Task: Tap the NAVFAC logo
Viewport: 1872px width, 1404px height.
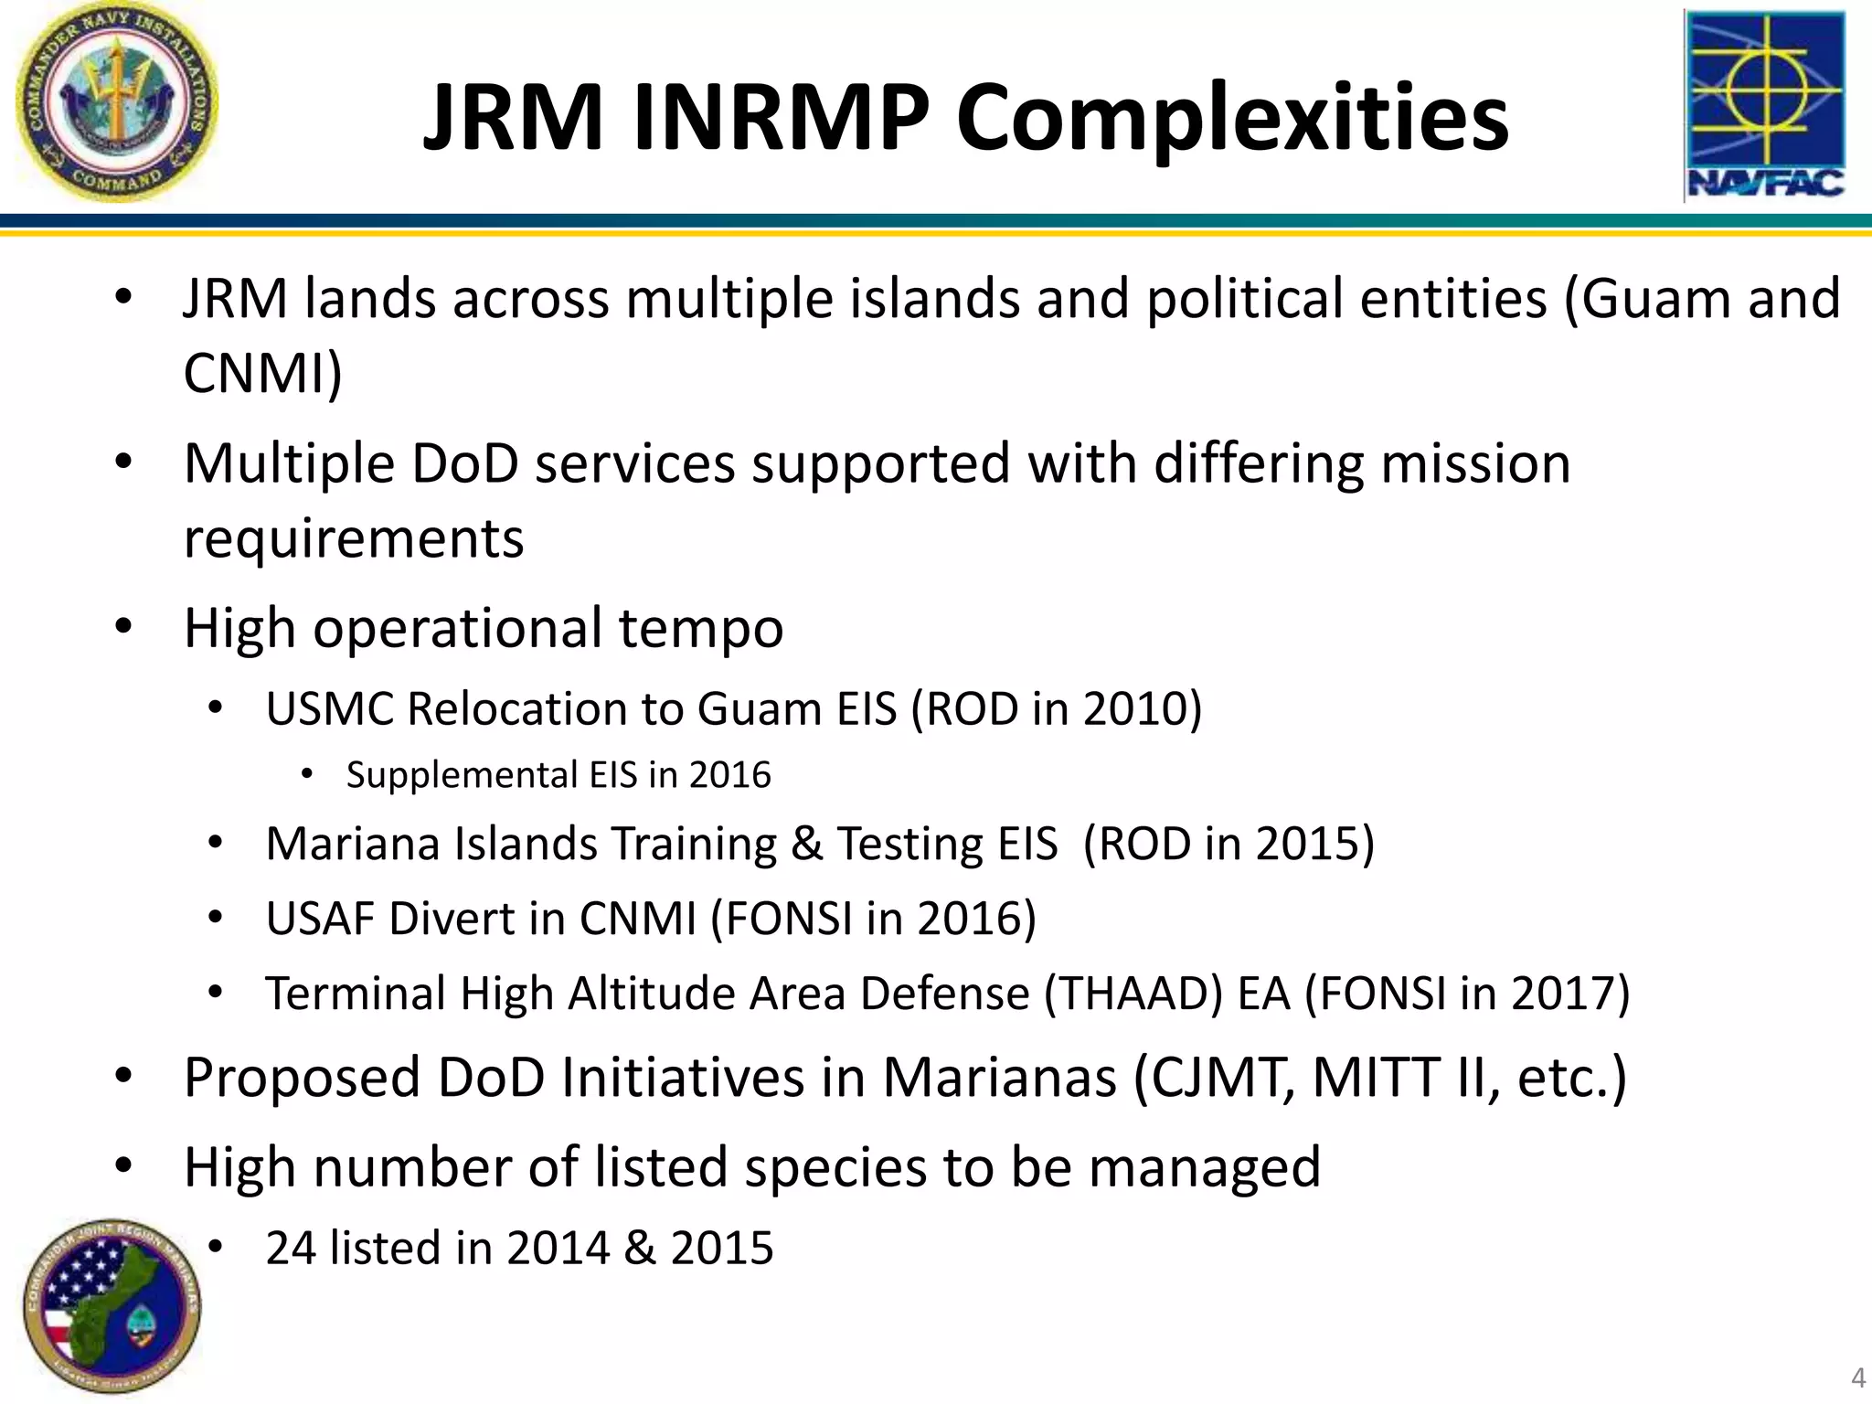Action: [x=1763, y=105]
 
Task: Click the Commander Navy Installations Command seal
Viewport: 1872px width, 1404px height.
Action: [x=117, y=101]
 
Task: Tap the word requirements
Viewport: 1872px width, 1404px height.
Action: [x=354, y=537]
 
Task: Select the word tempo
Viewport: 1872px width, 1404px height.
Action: [x=701, y=629]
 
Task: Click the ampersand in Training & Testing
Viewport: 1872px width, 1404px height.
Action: [x=806, y=843]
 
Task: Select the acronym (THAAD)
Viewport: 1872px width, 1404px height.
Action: [x=1133, y=993]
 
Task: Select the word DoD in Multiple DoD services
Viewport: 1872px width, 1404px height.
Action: [x=465, y=463]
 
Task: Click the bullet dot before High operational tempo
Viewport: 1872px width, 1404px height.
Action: [x=125, y=627]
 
